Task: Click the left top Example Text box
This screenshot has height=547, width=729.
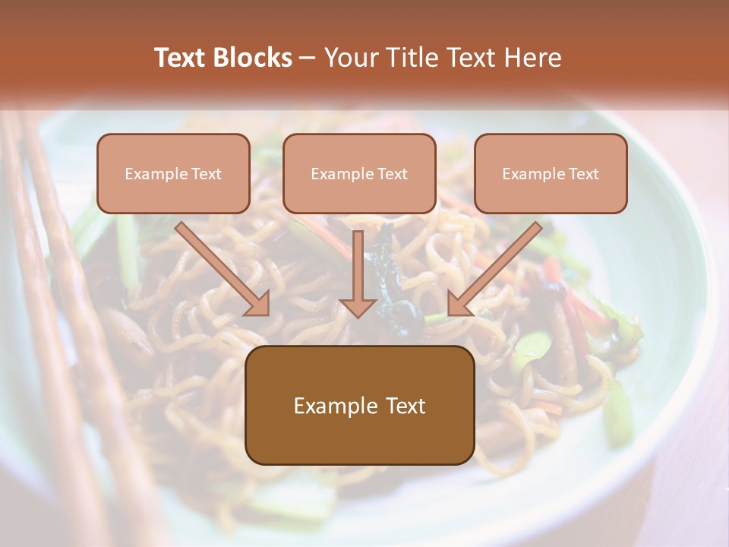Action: [x=173, y=173]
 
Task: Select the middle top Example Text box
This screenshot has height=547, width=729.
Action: [x=359, y=173]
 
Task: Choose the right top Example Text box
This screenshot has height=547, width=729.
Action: [x=551, y=173]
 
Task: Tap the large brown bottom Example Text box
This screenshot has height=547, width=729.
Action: [x=359, y=405]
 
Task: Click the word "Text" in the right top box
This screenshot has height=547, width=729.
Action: [x=583, y=174]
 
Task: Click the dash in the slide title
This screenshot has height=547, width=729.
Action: [x=308, y=58]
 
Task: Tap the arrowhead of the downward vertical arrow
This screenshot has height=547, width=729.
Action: [x=358, y=307]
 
